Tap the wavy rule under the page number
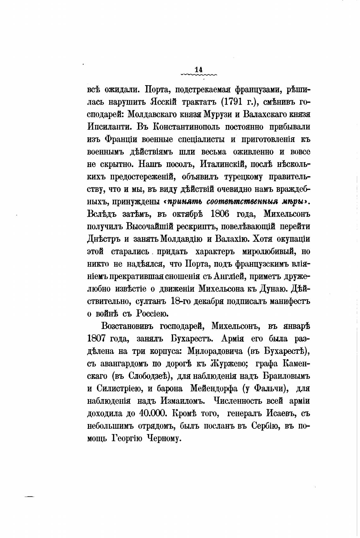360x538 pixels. pyautogui.click(x=199, y=75)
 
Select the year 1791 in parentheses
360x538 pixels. pyautogui.click(x=233, y=102)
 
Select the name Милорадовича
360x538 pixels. pyautogui.click(x=215, y=351)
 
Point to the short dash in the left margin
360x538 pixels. pyautogui.click(x=29, y=497)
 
